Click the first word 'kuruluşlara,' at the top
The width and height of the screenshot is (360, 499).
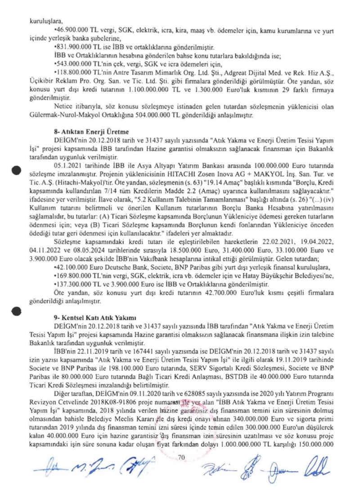click(43, 20)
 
